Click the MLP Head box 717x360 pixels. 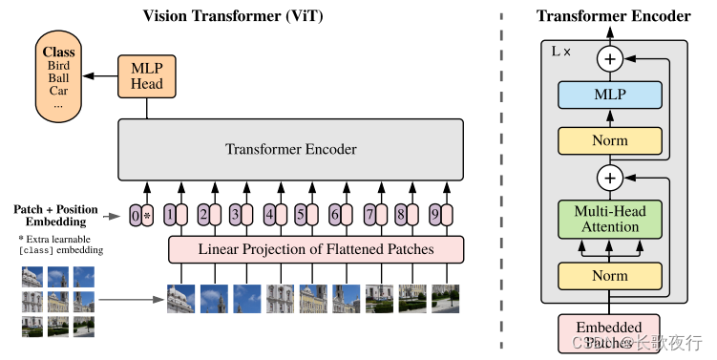(146, 75)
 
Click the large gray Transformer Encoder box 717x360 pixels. (290, 149)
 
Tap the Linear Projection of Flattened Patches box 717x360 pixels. (316, 249)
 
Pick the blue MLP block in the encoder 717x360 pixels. (609, 95)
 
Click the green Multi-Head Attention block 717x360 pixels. (609, 218)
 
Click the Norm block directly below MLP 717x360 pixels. (609, 140)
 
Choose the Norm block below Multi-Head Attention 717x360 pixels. (609, 275)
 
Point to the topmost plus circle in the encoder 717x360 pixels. (609, 59)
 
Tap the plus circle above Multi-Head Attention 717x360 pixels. (609, 177)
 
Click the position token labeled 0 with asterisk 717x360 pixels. (140, 215)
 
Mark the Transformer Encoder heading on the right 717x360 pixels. (613, 15)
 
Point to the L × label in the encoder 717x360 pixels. (561, 50)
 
